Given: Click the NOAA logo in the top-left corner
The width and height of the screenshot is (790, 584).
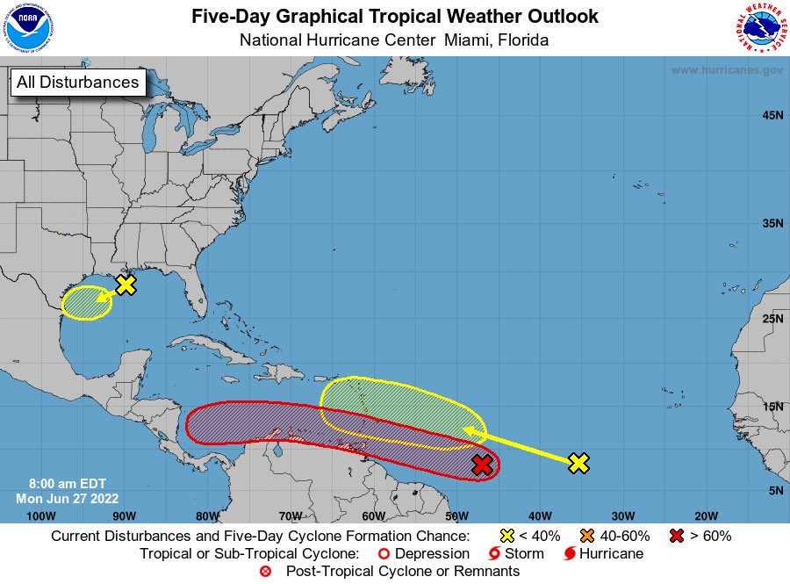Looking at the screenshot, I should coord(27,28).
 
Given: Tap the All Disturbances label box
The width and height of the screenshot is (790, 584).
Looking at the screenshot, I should coord(77,83).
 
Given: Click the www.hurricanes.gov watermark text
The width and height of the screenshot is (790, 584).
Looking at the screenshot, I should coord(727,70).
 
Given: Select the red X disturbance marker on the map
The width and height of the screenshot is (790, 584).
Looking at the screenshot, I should coord(481,465).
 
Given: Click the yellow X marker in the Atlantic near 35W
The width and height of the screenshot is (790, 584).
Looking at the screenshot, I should coord(578,463).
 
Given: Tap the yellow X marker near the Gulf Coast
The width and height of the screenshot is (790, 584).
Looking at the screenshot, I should coord(126,285).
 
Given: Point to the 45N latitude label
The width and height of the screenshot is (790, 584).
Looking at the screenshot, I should coord(772,115).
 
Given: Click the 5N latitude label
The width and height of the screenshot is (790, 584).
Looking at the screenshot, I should coord(775,490).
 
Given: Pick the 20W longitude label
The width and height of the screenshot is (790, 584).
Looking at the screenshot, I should coord(706,516).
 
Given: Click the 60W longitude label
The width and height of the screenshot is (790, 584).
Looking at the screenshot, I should coord(372,516).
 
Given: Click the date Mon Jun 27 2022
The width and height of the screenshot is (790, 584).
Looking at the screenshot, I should coord(61,498).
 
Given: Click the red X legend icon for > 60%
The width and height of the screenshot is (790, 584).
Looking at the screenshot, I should coord(677,536).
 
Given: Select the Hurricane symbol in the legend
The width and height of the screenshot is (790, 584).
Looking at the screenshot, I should coord(570,554).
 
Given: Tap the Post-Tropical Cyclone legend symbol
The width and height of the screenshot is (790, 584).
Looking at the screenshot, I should coord(265,572).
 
